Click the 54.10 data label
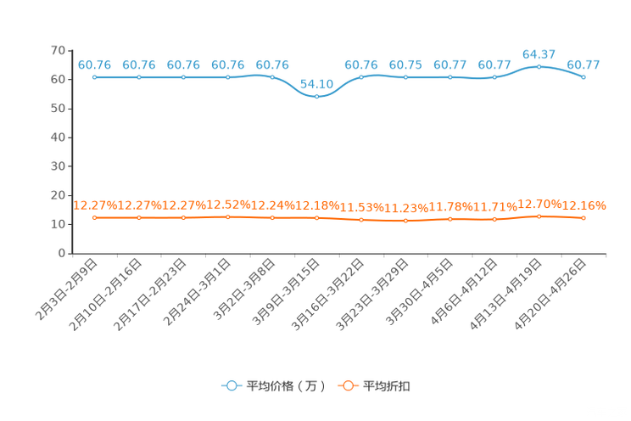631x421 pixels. pyautogui.click(x=316, y=84)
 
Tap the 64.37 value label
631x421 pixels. pyautogui.click(x=539, y=54)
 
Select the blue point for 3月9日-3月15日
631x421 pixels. pyautogui.click(x=316, y=97)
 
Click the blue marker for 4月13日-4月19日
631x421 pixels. pyautogui.click(x=539, y=67)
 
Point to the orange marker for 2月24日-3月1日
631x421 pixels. pyautogui.click(x=228, y=217)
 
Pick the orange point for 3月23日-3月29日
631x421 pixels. pyautogui.click(x=405, y=221)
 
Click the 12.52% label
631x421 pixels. pyautogui.click(x=228, y=205)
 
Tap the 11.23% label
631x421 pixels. pyautogui.click(x=406, y=208)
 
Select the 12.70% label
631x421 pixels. pyautogui.click(x=539, y=205)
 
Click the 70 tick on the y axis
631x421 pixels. pyautogui.click(x=58, y=50)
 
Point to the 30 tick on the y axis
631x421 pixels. pyautogui.click(x=58, y=166)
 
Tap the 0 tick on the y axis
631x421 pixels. pyautogui.click(x=62, y=254)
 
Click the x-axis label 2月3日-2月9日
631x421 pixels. pyautogui.click(x=66, y=289)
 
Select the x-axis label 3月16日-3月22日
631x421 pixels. pyautogui.click(x=327, y=295)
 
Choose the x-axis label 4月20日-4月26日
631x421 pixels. pyautogui.click(x=550, y=295)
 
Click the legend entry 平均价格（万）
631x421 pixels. pyautogui.click(x=274, y=386)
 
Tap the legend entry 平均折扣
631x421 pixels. pyautogui.click(x=374, y=386)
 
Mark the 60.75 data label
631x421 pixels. pyautogui.click(x=405, y=65)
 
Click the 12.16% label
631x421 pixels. pyautogui.click(x=584, y=206)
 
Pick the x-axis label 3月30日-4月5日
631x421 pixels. pyautogui.click(x=419, y=292)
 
